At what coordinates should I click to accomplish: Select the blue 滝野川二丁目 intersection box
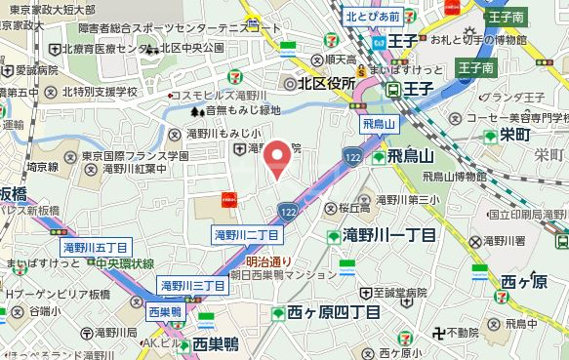247,235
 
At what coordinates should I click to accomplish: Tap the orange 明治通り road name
268,261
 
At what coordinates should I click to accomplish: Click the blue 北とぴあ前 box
373,16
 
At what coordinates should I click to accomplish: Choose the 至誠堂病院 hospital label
394,292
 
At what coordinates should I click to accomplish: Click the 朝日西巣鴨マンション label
290,276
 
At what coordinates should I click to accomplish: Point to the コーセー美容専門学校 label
513,117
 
